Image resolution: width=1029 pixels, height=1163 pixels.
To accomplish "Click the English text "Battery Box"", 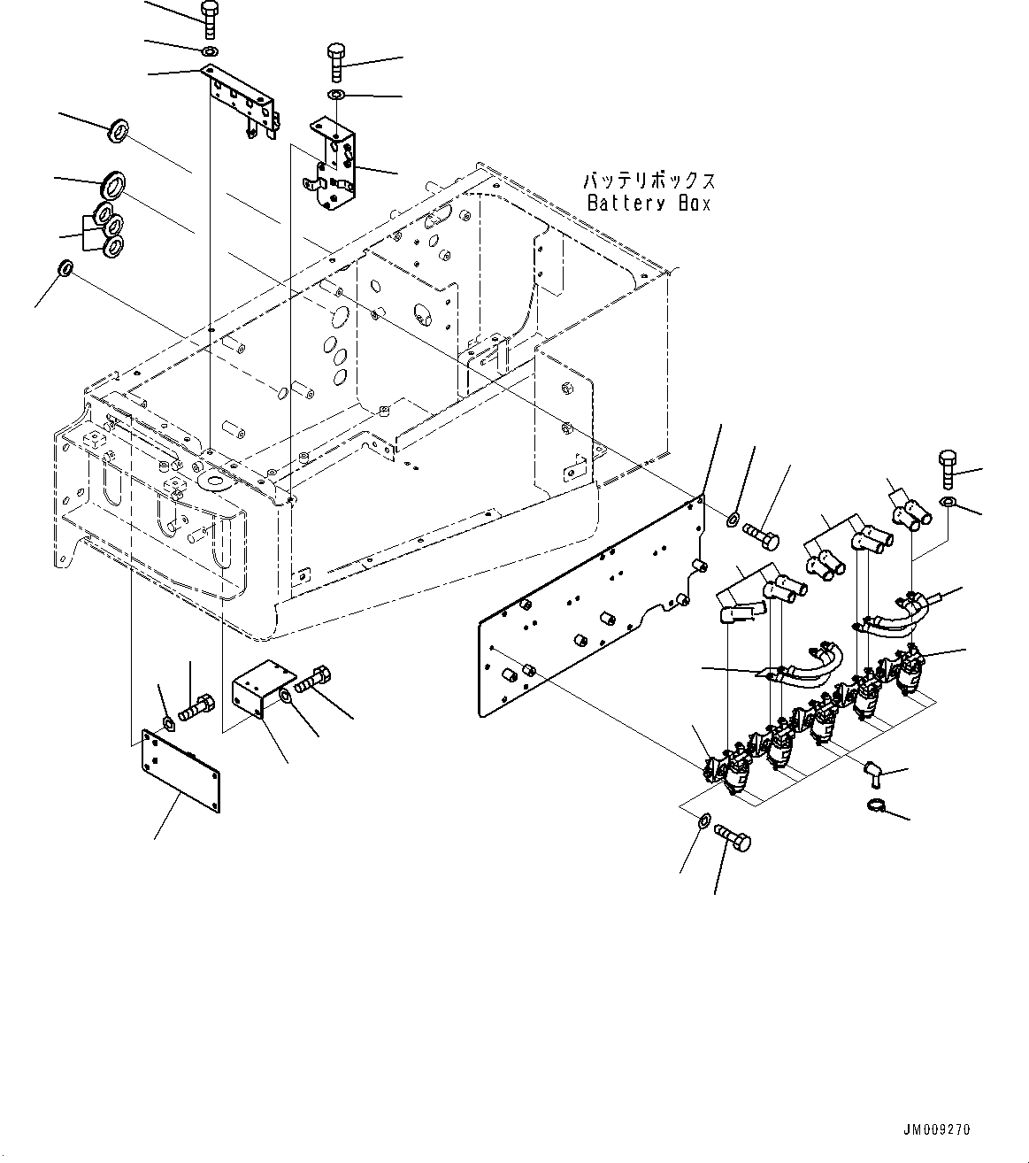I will click(x=649, y=203).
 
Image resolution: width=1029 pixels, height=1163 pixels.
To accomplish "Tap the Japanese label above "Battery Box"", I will click(x=649, y=181).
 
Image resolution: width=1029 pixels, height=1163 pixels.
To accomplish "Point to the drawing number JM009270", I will click(x=937, y=1129).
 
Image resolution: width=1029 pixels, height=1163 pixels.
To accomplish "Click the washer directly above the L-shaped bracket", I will click(x=338, y=95).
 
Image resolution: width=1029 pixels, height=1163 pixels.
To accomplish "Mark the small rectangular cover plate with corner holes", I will click(x=180, y=770).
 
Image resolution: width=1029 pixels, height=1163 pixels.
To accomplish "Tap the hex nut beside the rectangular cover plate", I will click(x=168, y=725).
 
